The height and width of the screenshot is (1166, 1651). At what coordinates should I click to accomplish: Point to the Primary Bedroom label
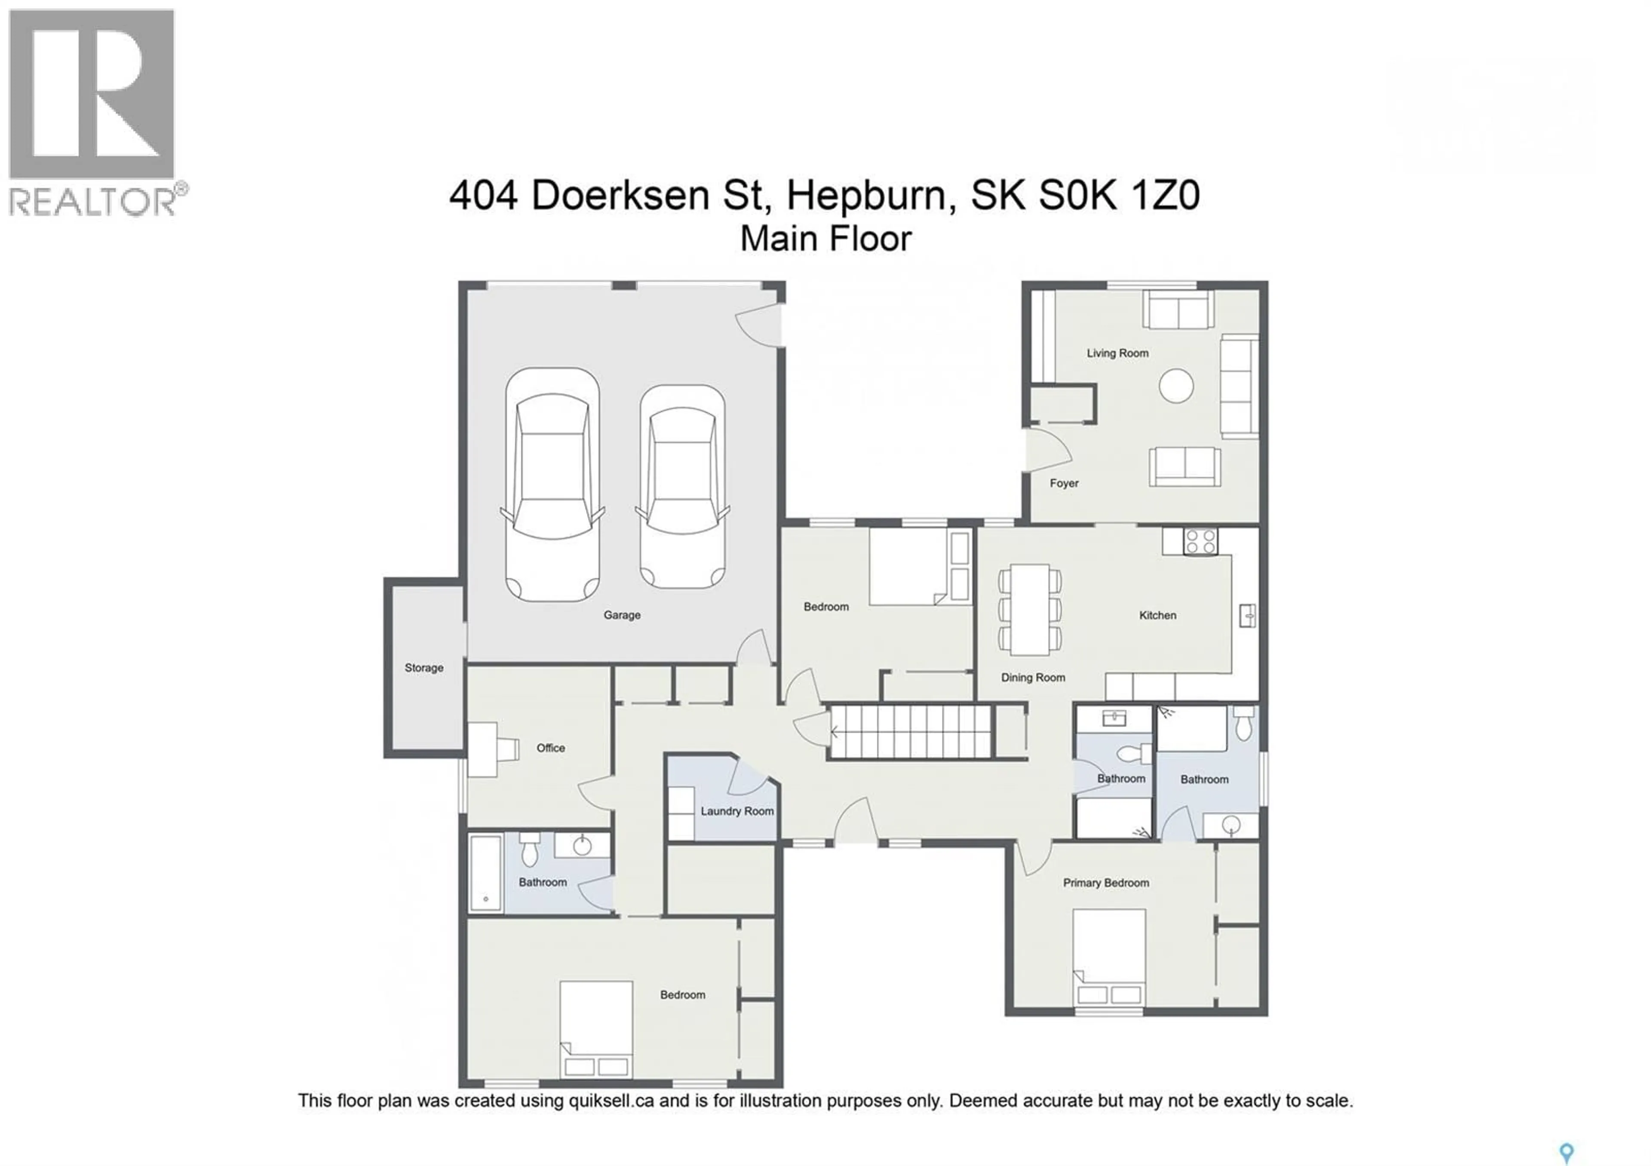(x=1105, y=883)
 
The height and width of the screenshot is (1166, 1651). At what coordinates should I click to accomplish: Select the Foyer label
(x=1064, y=483)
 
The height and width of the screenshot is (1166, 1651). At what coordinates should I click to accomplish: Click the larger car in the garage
(x=552, y=485)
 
